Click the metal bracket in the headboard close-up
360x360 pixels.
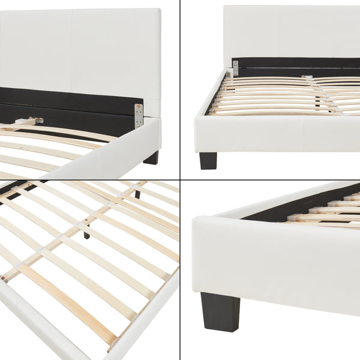point(139,115)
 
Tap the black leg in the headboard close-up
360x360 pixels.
point(152,158)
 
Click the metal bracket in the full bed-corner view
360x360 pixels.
point(235,67)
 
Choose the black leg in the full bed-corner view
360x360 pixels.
point(208,160)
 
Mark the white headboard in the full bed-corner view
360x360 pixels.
point(288,30)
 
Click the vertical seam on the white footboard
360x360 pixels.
point(303,136)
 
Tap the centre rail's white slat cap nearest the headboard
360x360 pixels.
point(307,77)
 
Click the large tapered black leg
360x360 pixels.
point(220,311)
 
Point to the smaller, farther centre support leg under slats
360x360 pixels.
point(137,193)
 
